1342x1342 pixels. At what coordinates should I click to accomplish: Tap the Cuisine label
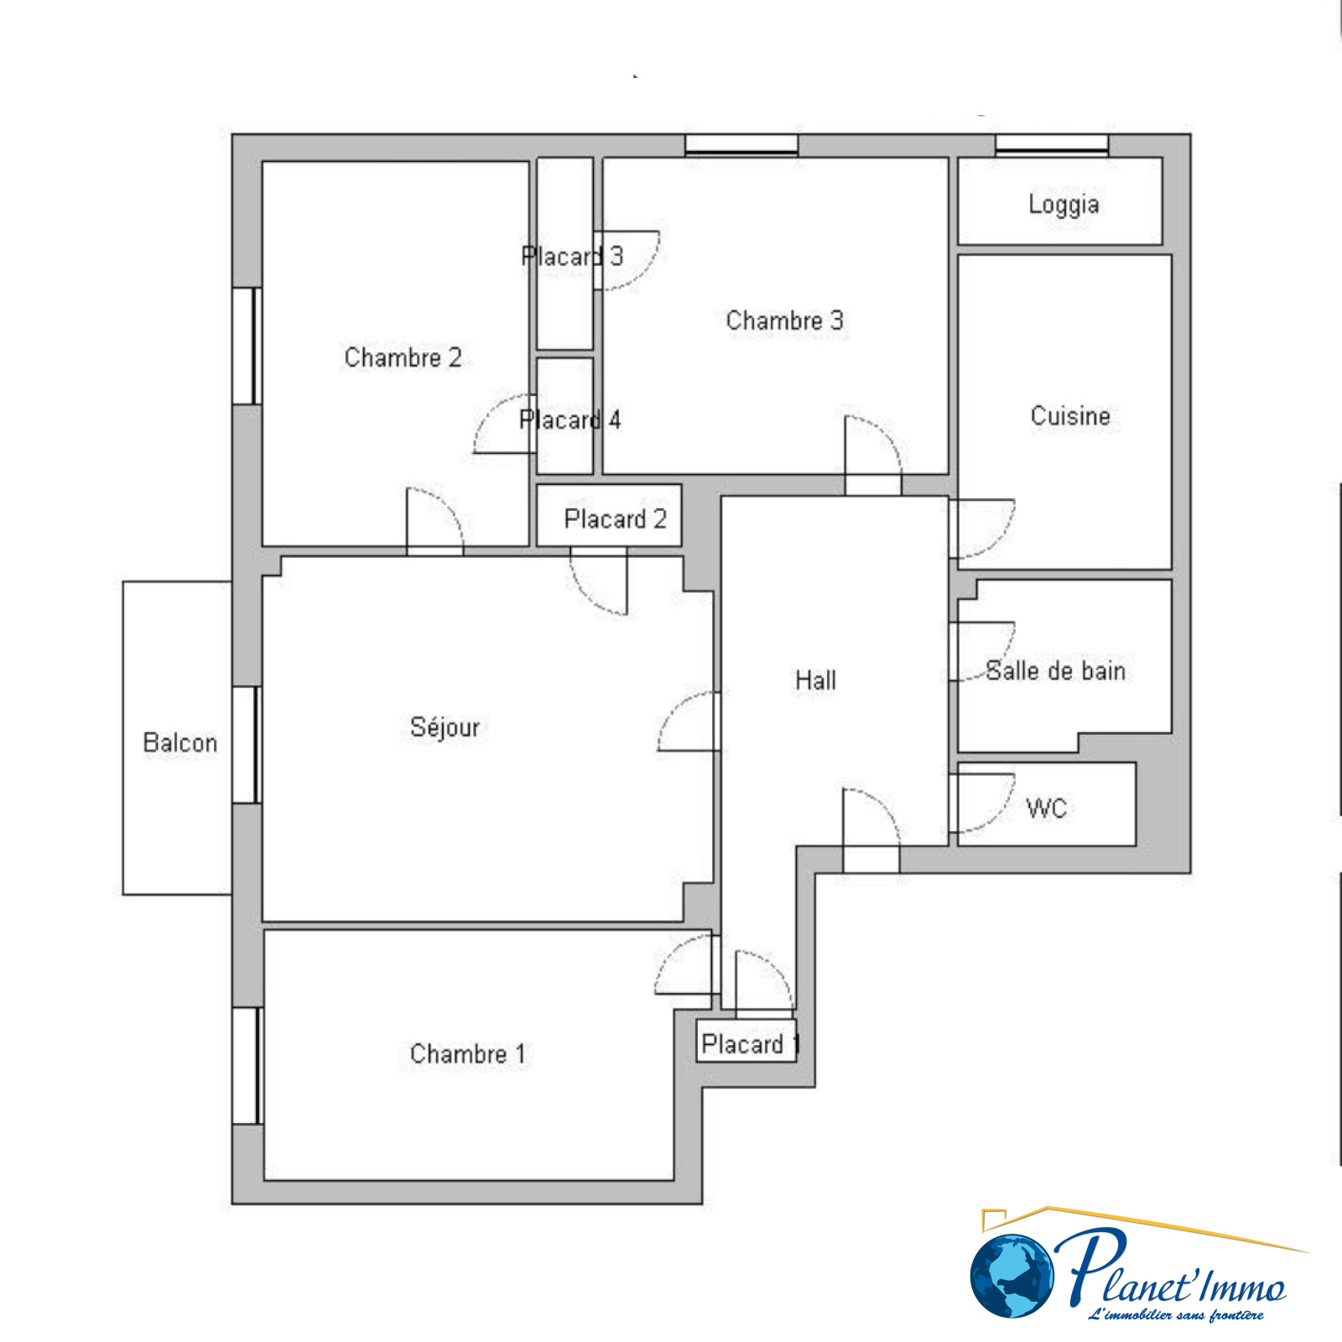(1070, 416)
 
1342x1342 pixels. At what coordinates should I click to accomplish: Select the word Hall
(815, 680)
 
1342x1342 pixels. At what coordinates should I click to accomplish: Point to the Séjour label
(445, 726)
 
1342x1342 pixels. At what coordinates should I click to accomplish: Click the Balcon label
(180, 742)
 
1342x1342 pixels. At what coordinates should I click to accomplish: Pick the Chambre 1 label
(468, 1053)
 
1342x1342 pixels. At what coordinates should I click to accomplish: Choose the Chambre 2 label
(403, 357)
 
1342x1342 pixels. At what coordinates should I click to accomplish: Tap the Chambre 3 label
(784, 320)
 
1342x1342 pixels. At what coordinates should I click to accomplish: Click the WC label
(1047, 809)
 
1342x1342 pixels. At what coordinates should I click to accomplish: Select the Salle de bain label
(1055, 671)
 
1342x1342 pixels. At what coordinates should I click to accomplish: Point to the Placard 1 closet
(746, 1042)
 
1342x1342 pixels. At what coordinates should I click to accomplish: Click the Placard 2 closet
(609, 516)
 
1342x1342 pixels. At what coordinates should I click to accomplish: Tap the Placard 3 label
(572, 256)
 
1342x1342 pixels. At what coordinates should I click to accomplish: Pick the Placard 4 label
(570, 419)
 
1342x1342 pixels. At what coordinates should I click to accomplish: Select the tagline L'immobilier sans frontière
(1175, 1314)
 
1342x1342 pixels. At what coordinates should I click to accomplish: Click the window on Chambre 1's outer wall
(247, 1065)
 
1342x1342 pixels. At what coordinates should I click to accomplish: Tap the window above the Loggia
(1052, 145)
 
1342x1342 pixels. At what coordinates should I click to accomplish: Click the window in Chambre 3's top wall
(741, 145)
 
